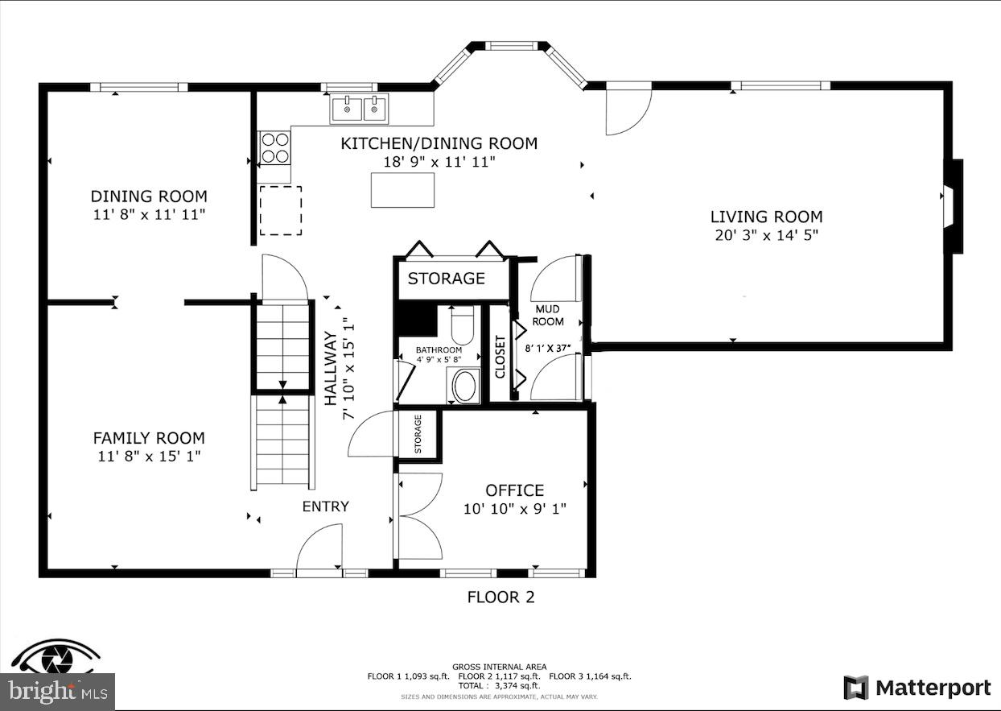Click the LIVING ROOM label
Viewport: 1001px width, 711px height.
pyautogui.click(x=766, y=217)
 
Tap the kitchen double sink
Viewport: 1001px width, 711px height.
pyautogui.click(x=359, y=108)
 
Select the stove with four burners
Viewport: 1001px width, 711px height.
pyautogui.click(x=274, y=147)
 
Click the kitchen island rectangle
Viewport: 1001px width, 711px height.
pyautogui.click(x=402, y=190)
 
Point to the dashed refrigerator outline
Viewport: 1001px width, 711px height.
pyautogui.click(x=280, y=211)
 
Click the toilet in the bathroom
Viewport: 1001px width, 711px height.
pyautogui.click(x=463, y=326)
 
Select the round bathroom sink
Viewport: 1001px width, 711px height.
pyautogui.click(x=464, y=387)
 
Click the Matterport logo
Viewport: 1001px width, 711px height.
pyautogui.click(x=917, y=688)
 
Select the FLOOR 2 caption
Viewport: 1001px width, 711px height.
pyautogui.click(x=500, y=597)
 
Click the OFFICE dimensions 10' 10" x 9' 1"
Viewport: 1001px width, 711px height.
pyautogui.click(x=514, y=509)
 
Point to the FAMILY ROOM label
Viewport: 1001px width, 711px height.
pyautogui.click(x=149, y=438)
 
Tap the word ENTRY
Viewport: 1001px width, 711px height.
pyautogui.click(x=326, y=506)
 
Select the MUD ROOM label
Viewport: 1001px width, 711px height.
pyautogui.click(x=548, y=315)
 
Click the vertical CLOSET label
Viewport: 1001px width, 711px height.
pyautogui.click(x=500, y=357)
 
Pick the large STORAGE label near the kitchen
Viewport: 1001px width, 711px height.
pyautogui.click(x=446, y=279)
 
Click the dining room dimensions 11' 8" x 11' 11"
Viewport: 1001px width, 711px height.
pyautogui.click(x=149, y=215)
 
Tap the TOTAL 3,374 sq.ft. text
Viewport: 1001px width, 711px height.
pyautogui.click(x=499, y=686)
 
